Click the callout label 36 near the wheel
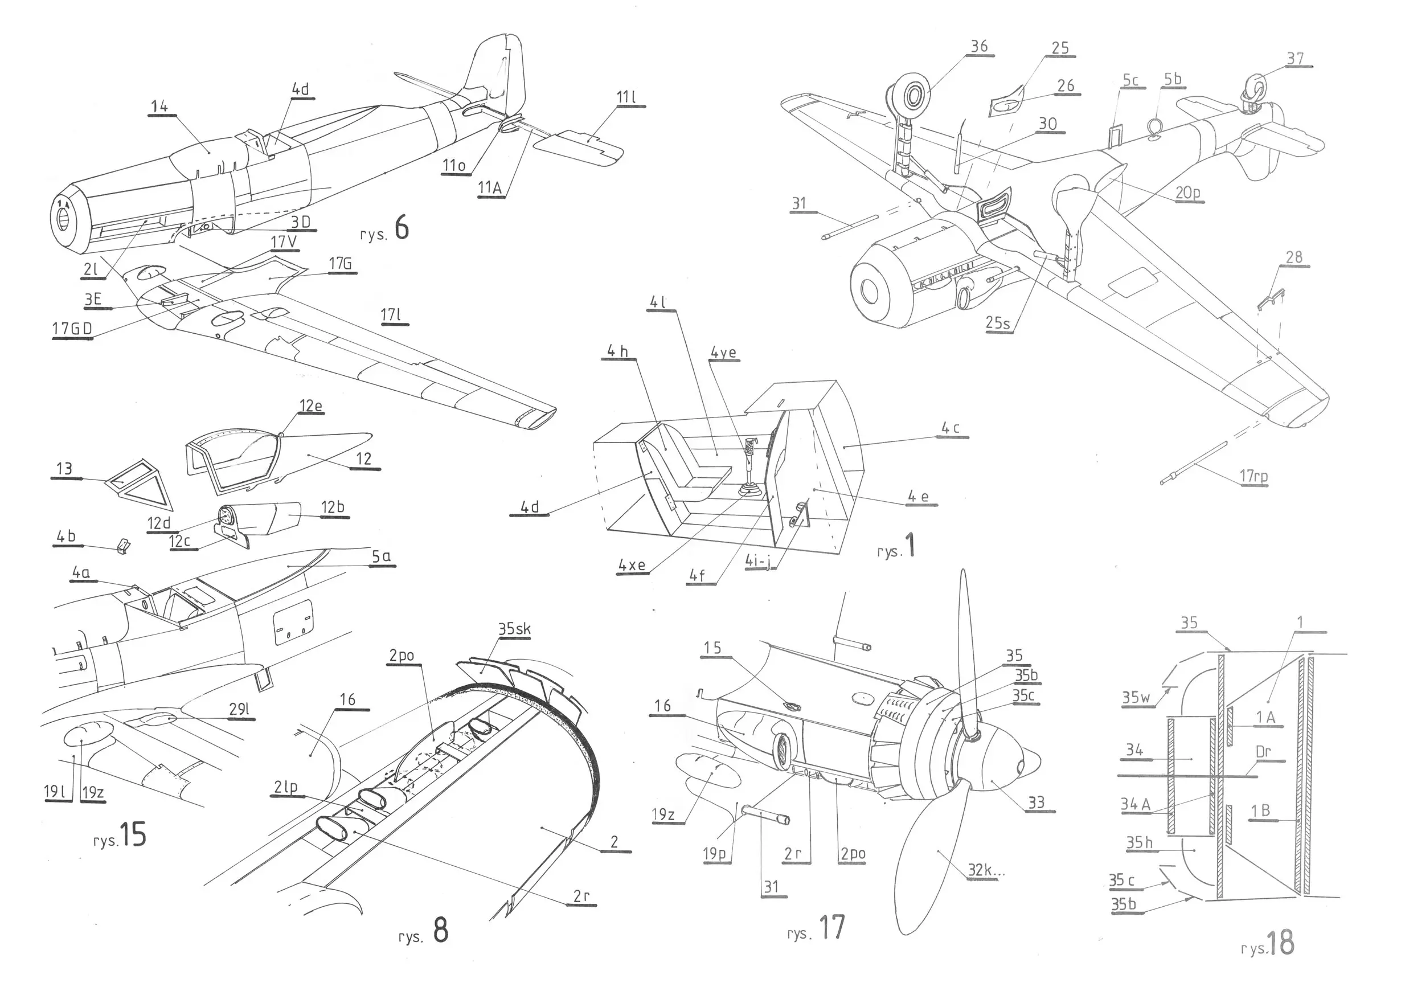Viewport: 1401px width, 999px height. point(978,47)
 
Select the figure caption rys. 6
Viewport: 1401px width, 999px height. point(385,230)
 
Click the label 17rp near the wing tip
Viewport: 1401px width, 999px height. point(1253,476)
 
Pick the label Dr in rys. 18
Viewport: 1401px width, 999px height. point(1263,752)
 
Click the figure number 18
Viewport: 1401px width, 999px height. point(1280,943)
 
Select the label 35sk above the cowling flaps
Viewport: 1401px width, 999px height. point(514,629)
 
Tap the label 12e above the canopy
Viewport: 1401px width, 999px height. point(310,406)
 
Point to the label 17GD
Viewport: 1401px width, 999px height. point(72,329)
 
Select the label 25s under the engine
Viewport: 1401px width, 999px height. point(997,323)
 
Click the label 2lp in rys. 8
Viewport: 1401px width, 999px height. point(285,787)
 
